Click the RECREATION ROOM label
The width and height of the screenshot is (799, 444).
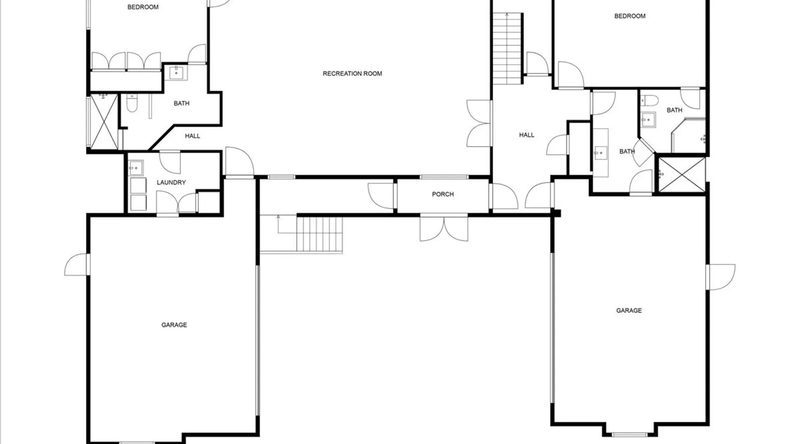pyautogui.click(x=352, y=74)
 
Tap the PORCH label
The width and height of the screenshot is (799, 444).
pyautogui.click(x=443, y=194)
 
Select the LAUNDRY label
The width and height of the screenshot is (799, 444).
pyautogui.click(x=171, y=182)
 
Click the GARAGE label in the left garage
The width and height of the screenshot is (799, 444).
pyautogui.click(x=174, y=325)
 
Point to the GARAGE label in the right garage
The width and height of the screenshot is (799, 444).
pyautogui.click(x=629, y=311)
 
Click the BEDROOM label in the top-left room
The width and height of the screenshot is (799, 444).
pyautogui.click(x=142, y=7)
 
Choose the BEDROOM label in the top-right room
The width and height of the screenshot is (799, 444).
pyautogui.click(x=629, y=16)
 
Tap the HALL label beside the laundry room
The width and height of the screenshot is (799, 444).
pyautogui.click(x=192, y=136)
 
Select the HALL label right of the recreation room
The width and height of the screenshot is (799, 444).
pyautogui.click(x=526, y=135)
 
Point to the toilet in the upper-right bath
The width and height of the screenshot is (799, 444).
pyautogui.click(x=649, y=100)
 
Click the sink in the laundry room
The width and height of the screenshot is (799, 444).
pyautogui.click(x=136, y=168)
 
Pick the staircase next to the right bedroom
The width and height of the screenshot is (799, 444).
pyautogui.click(x=508, y=48)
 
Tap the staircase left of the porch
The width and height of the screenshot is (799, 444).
pyautogui.click(x=320, y=235)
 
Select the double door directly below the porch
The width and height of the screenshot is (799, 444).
pyautogui.click(x=444, y=228)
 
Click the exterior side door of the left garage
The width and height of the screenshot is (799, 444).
pyautogui.click(x=78, y=265)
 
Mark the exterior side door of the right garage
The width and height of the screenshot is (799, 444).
pyautogui.click(x=721, y=277)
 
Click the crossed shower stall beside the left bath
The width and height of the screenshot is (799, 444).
pyautogui.click(x=104, y=121)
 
